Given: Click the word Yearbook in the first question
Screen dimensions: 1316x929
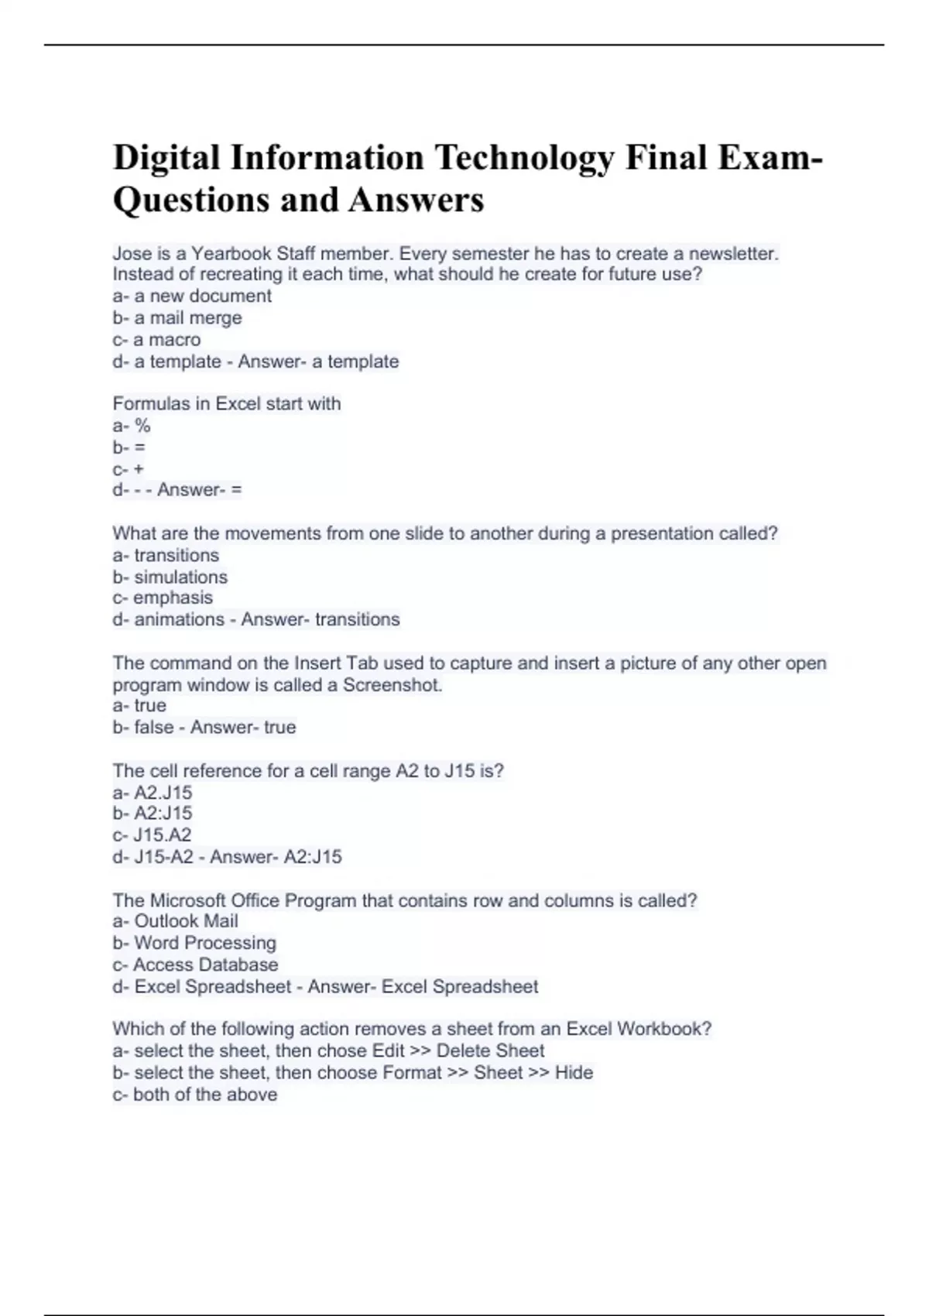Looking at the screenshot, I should (231, 253).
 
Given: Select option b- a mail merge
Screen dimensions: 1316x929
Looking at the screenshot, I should (177, 317).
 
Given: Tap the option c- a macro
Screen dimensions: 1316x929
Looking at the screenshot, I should (156, 339).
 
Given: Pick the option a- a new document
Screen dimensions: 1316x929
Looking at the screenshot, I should (192, 296).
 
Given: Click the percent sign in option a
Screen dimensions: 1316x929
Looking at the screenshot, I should (142, 425).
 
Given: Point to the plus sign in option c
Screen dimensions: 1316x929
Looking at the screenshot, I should (139, 469).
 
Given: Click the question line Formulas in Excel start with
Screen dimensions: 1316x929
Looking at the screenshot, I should (227, 403).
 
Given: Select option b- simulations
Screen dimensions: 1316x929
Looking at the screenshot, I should (170, 577).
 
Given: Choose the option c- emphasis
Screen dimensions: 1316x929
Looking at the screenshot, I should (163, 598).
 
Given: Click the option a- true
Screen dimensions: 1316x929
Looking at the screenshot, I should (139, 705).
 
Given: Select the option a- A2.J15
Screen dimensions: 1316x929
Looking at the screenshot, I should (153, 793).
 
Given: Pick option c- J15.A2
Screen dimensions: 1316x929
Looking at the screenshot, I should (153, 834).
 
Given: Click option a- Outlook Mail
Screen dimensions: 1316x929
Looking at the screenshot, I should (176, 921).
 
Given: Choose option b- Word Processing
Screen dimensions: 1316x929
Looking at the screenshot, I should (194, 943).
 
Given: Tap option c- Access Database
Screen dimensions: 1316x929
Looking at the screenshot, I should (195, 965).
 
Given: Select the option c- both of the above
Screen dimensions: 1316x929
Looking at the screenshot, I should (195, 1095).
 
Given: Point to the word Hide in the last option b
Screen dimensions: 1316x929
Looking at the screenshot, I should (574, 1073).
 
